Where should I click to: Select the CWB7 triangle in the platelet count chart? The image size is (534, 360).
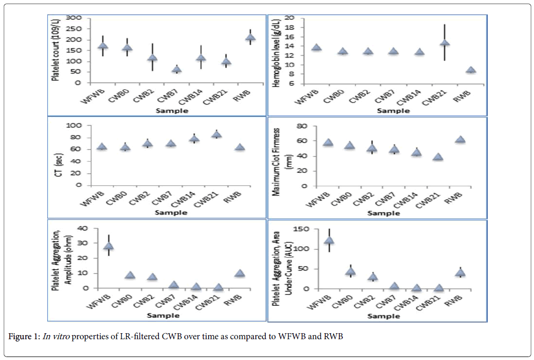click(x=176, y=70)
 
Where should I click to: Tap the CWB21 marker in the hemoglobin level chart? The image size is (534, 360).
click(x=445, y=43)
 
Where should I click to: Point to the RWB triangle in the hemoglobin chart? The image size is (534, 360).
click(x=470, y=70)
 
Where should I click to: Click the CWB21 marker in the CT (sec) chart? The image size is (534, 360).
click(x=216, y=134)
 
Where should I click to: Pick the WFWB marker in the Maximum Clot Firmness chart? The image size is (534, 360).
click(x=327, y=143)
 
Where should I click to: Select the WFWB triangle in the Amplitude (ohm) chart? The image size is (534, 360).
click(x=108, y=246)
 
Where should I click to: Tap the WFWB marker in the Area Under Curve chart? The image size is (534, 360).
click(x=328, y=240)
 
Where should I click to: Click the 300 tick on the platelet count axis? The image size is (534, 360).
click(x=76, y=18)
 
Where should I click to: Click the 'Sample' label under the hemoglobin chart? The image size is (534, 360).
click(x=393, y=110)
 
